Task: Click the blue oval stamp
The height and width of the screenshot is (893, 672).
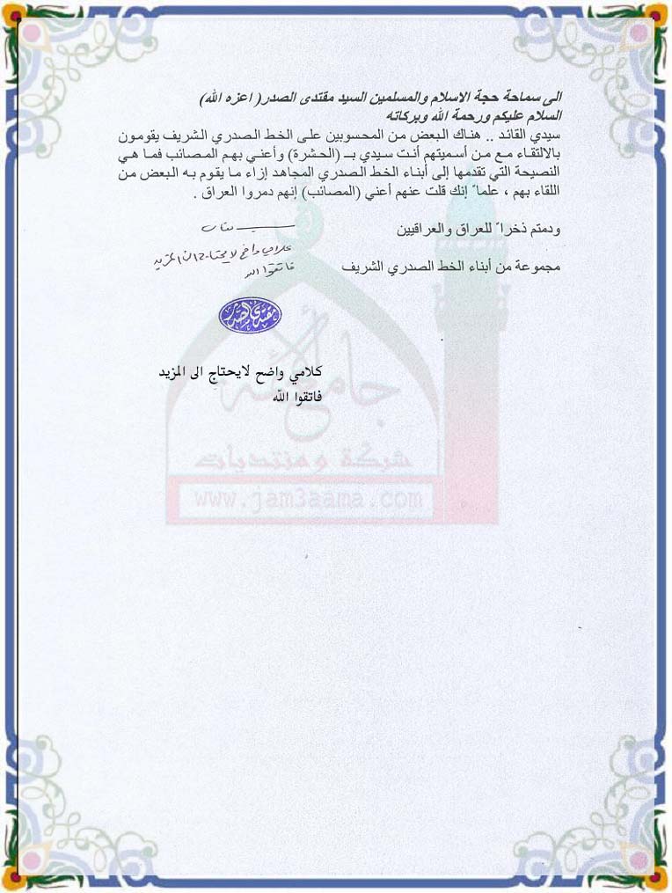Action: [250, 312]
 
